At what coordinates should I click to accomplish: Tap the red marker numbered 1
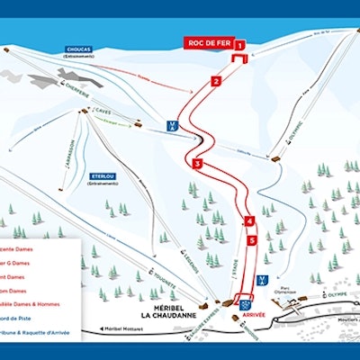(240, 44)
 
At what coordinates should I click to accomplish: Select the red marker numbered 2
(215, 82)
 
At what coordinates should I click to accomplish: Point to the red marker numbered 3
(196, 164)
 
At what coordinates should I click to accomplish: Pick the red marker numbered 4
(248, 220)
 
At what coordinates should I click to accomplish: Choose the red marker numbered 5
(253, 240)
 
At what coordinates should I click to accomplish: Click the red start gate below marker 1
(240, 59)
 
